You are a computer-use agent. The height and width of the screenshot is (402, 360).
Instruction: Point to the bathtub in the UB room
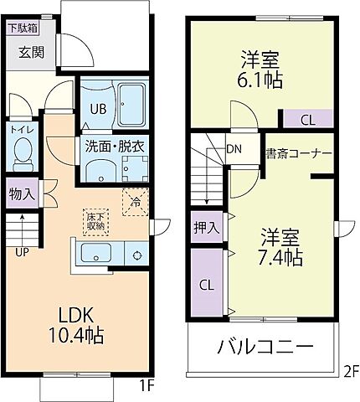[x=131, y=106]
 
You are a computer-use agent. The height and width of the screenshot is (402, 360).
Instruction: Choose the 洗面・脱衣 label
[x=113, y=146]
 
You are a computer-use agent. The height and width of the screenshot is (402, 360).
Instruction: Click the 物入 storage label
[x=21, y=194]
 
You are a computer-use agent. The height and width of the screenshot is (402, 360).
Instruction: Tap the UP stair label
[x=21, y=249]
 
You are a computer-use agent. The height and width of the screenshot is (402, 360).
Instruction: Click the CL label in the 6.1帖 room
[x=307, y=120]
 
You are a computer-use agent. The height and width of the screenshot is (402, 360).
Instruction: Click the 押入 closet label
[x=207, y=226]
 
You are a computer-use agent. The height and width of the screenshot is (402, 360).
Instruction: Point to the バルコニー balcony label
[x=265, y=346]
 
